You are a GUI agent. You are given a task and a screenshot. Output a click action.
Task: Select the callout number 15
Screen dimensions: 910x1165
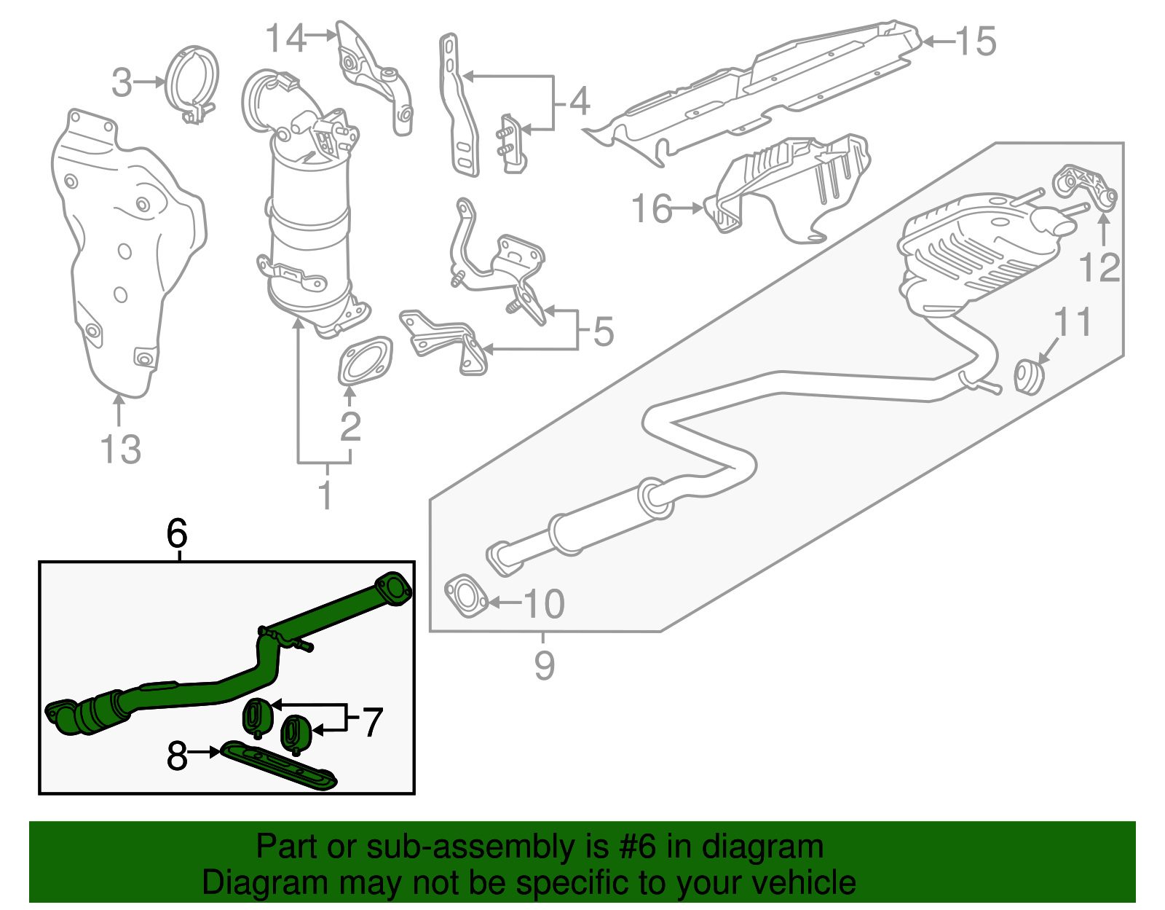pos(975,42)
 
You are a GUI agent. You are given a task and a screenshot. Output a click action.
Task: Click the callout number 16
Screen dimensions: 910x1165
pos(652,209)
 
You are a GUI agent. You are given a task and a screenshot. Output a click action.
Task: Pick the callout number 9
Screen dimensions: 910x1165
pos(544,664)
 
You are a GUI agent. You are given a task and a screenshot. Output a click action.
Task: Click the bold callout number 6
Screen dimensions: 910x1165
pos(177,534)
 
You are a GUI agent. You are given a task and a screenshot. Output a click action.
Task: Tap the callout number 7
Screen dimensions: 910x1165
pos(372,722)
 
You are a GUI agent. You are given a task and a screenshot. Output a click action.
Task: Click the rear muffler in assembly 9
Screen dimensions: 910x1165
pos(976,251)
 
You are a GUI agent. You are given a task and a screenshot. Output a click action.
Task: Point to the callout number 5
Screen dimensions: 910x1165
pos(604,332)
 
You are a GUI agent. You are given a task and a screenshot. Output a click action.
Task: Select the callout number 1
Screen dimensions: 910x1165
pos(325,495)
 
